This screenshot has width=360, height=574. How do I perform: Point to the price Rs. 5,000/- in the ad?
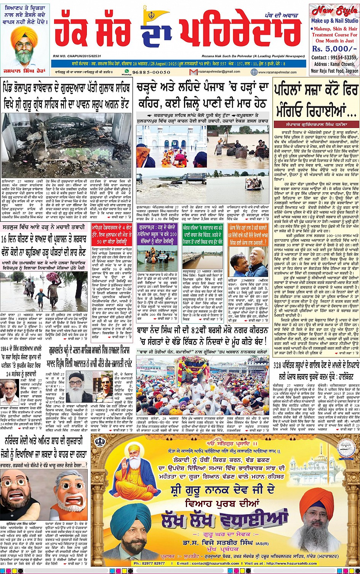[x=330, y=49]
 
